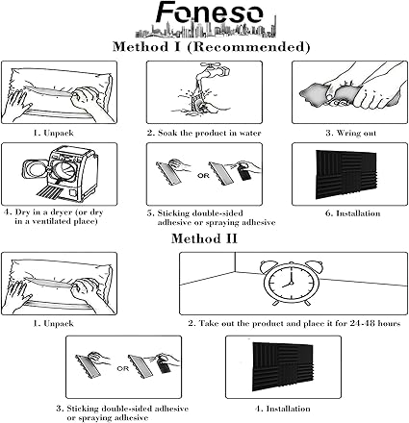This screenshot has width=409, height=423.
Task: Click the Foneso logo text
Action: tap(210, 12)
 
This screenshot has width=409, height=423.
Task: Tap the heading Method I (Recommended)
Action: tap(212, 47)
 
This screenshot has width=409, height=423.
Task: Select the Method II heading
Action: tap(204, 238)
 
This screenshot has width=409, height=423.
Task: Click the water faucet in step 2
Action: tap(214, 68)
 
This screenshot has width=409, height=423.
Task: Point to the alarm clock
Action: tap(292, 283)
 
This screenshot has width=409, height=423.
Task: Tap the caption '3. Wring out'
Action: tap(351, 133)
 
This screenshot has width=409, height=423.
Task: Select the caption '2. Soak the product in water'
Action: tap(204, 133)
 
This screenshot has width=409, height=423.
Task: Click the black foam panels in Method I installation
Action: tap(346, 174)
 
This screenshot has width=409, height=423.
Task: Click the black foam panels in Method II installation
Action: tap(283, 367)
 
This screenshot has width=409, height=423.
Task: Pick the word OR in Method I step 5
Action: tap(203, 176)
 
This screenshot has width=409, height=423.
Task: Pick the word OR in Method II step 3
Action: tap(122, 368)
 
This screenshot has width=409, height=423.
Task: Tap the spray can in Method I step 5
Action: tap(243, 173)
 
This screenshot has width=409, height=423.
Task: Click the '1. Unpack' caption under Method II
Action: tap(53, 323)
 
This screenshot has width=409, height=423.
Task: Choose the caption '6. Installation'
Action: tap(353, 213)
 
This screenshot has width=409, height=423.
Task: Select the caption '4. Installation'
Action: tap(283, 409)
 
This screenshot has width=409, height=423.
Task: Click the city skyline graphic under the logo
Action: tap(205, 30)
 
